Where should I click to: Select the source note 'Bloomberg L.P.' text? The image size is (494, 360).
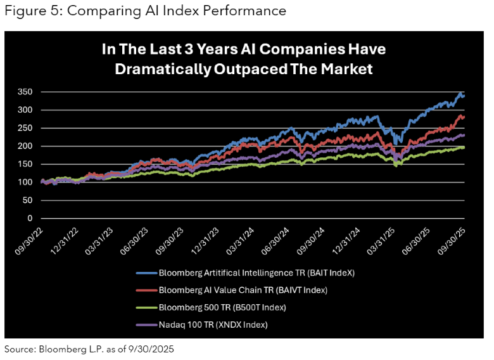pyautogui.click(x=64, y=349)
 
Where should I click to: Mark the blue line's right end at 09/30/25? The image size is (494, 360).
pyautogui.click(x=464, y=96)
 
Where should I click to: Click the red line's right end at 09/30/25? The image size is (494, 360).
pyautogui.click(x=464, y=117)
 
